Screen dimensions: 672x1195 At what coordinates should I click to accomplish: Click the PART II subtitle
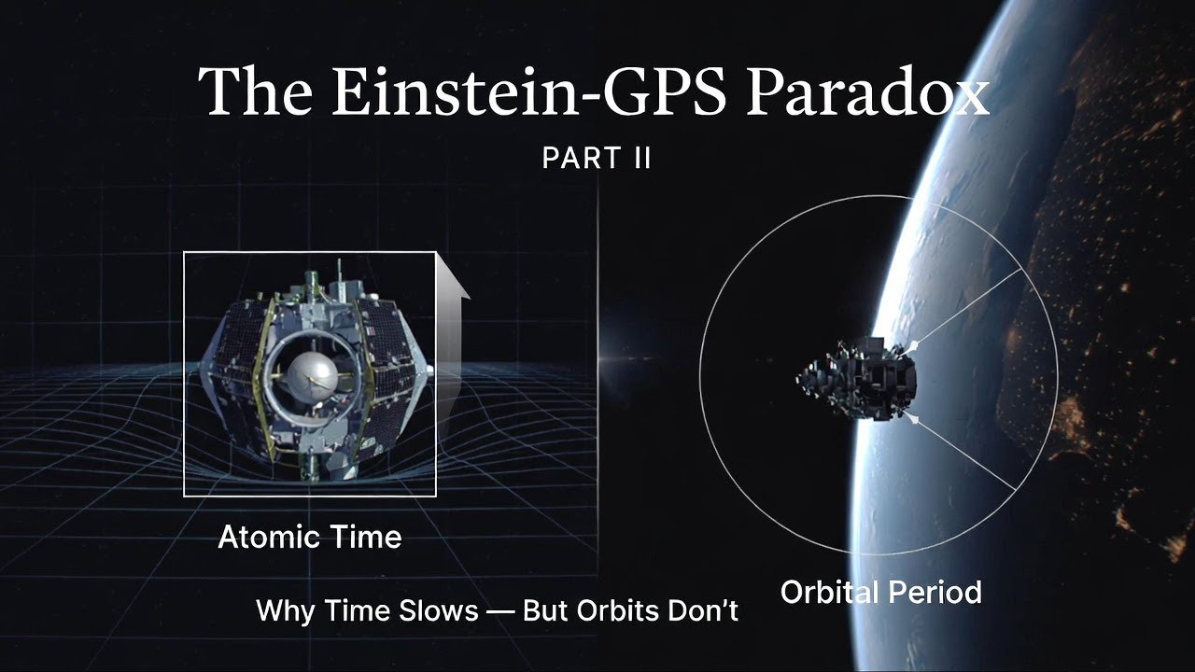tap(596, 158)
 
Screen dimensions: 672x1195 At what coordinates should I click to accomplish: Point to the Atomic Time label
tap(309, 537)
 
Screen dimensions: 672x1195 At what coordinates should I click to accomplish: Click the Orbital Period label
tap(880, 592)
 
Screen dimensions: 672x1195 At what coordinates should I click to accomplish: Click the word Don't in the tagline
tap(705, 611)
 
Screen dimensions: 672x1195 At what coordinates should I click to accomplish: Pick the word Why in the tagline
tap(284, 611)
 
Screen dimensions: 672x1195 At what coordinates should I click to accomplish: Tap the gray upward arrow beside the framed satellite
tap(452, 317)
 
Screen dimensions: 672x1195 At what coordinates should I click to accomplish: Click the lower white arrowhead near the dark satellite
tap(913, 420)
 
